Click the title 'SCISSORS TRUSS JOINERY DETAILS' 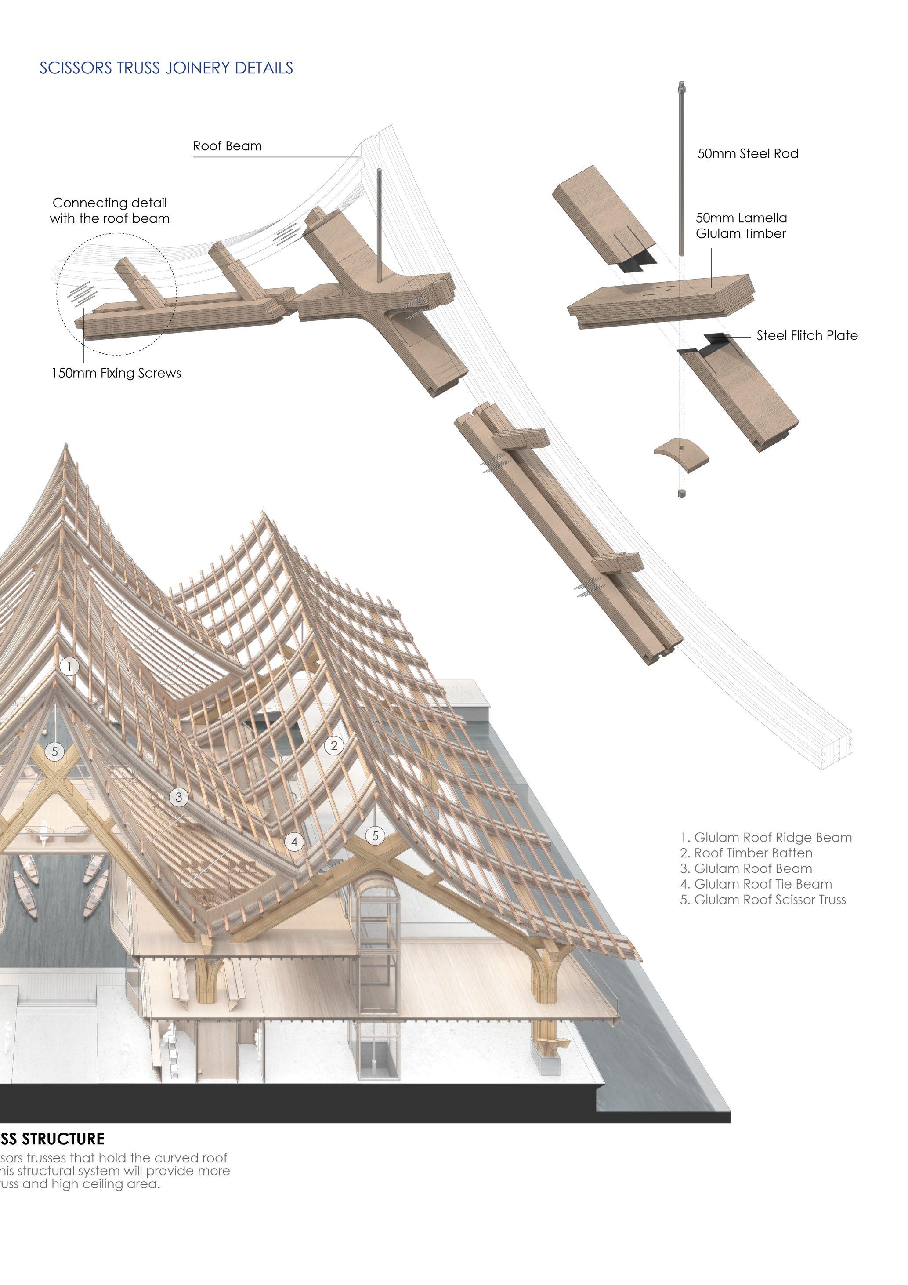pos(166,68)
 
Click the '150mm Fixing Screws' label pos(116,373)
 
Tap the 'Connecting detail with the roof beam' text pos(110,211)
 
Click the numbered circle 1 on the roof pos(69,666)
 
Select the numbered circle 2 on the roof pos(334,745)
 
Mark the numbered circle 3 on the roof pos(179,797)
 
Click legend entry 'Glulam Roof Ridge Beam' pos(766,838)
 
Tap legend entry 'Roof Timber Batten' pos(746,853)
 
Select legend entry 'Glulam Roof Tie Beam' pos(756,884)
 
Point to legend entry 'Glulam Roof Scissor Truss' pos(763,900)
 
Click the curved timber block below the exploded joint pos(681,454)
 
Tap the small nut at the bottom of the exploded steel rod pos(681,494)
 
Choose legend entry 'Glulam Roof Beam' pos(746,869)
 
